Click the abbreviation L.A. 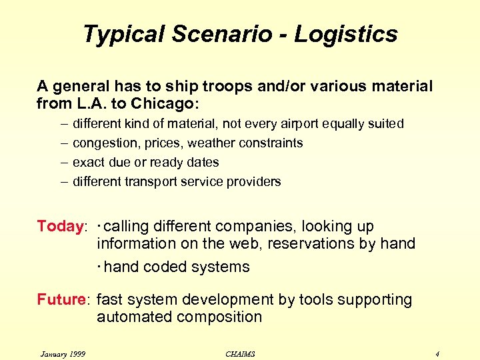[88, 104]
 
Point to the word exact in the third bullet [87, 163]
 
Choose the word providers [256, 181]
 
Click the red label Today [59, 226]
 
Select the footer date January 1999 [63, 353]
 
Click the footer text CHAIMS [240, 353]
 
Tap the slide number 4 [437, 353]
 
